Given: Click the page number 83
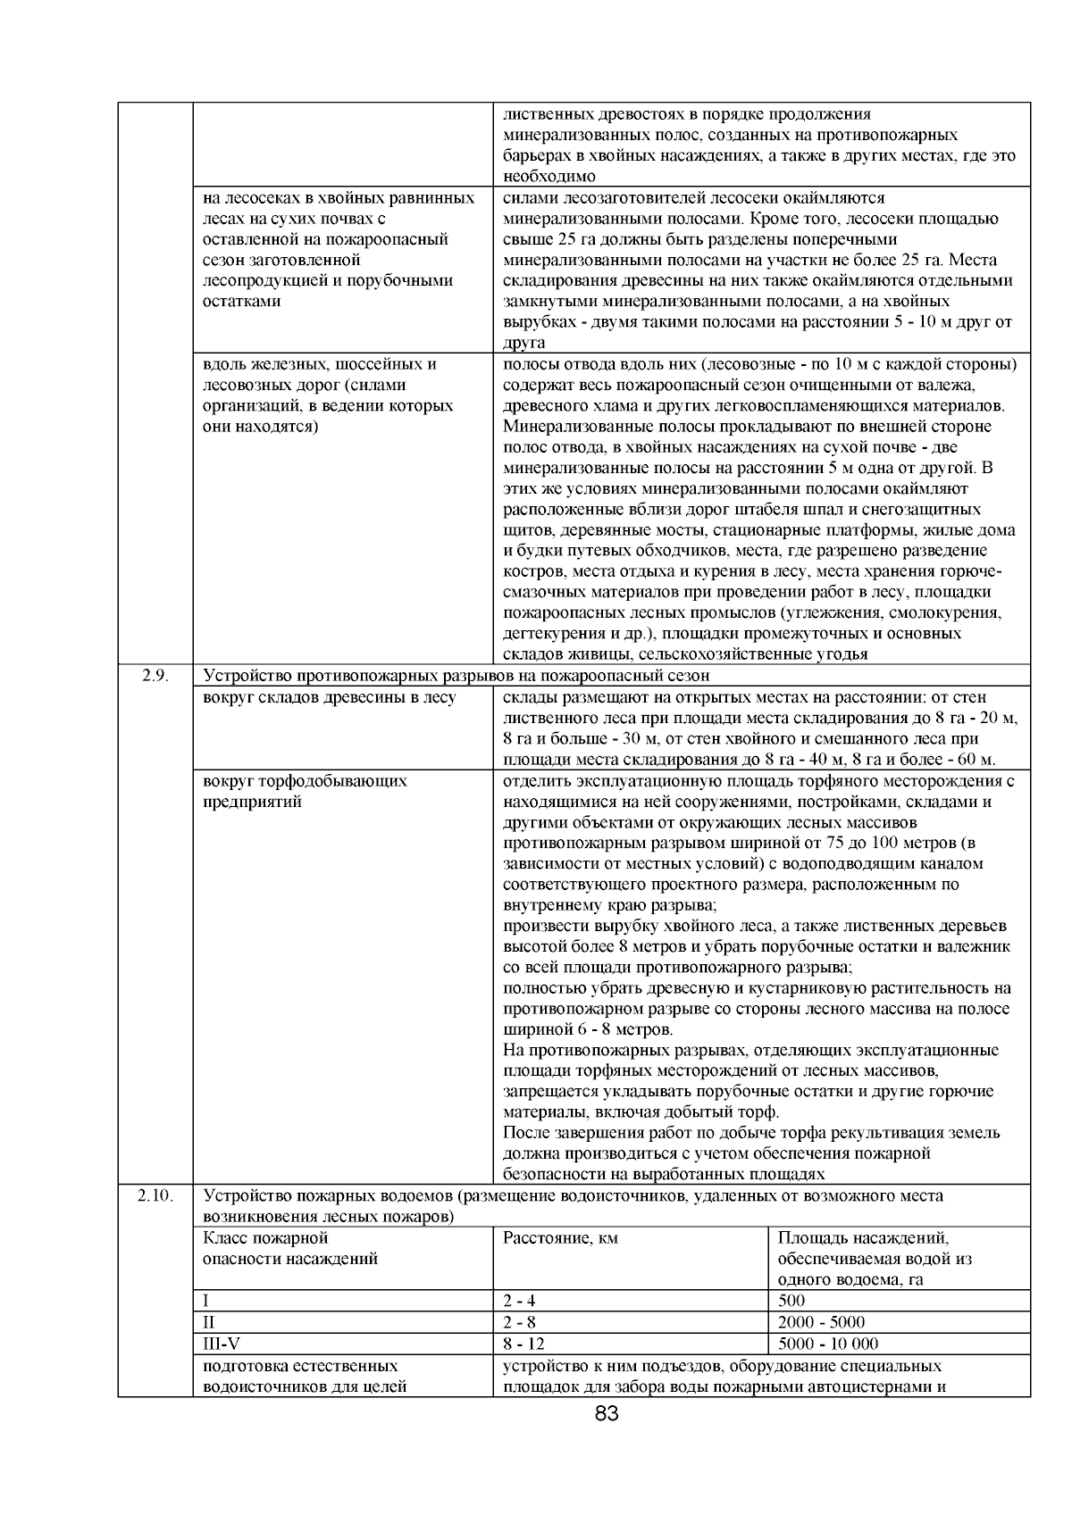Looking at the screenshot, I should click(607, 1414).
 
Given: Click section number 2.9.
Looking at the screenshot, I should click(155, 676).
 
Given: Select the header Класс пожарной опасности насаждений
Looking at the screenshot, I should click(290, 1249).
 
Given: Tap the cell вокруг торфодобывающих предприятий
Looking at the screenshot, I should click(305, 791).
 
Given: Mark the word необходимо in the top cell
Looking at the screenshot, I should click(549, 177).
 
